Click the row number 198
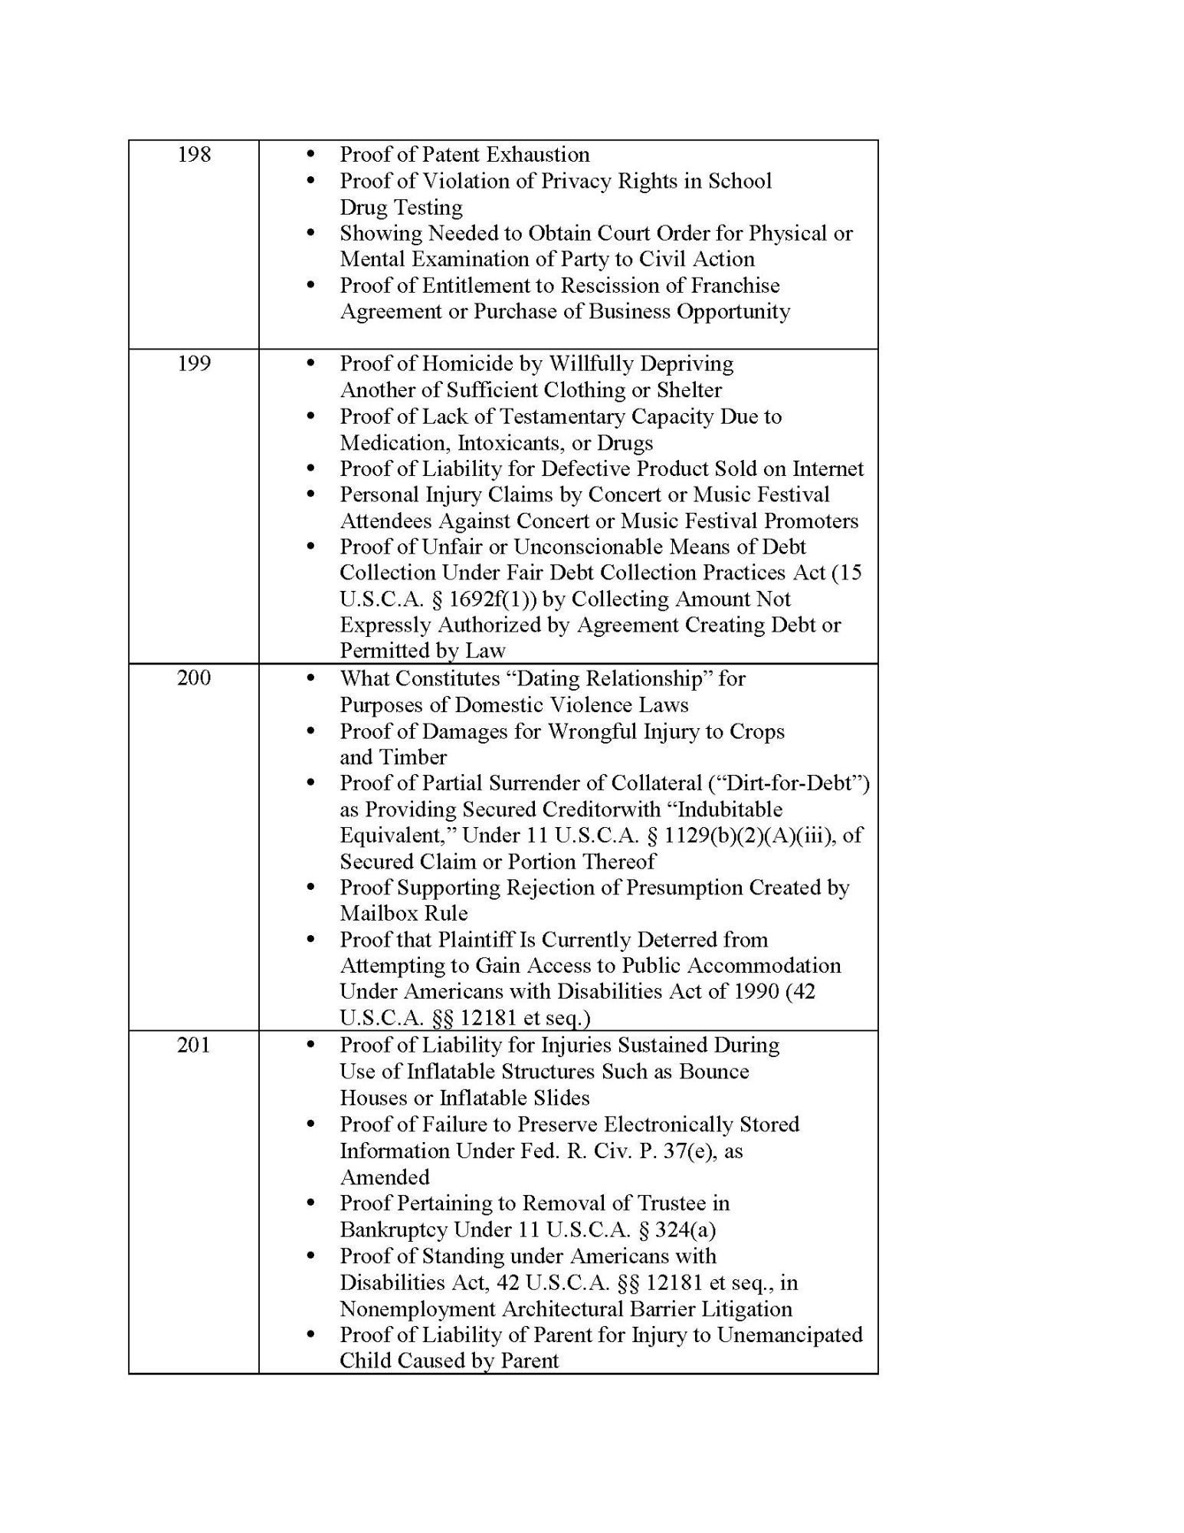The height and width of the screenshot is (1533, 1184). [194, 155]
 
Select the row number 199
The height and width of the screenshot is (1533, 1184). [194, 363]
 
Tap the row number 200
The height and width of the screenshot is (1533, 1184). [194, 678]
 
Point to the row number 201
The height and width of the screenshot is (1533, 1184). [194, 1045]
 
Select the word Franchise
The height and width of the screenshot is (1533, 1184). [735, 286]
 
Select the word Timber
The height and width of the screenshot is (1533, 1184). [414, 757]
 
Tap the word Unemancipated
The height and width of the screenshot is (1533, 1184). [789, 1335]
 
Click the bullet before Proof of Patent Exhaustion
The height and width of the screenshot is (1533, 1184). [310, 155]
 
